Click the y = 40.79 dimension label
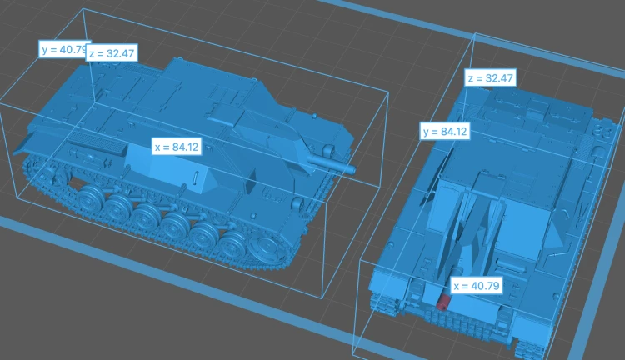point(63,49)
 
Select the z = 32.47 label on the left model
point(112,53)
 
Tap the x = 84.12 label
point(177,147)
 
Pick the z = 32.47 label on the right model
point(490,77)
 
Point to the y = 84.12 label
point(445,131)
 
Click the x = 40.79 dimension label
point(477,286)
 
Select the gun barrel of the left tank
point(332,163)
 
